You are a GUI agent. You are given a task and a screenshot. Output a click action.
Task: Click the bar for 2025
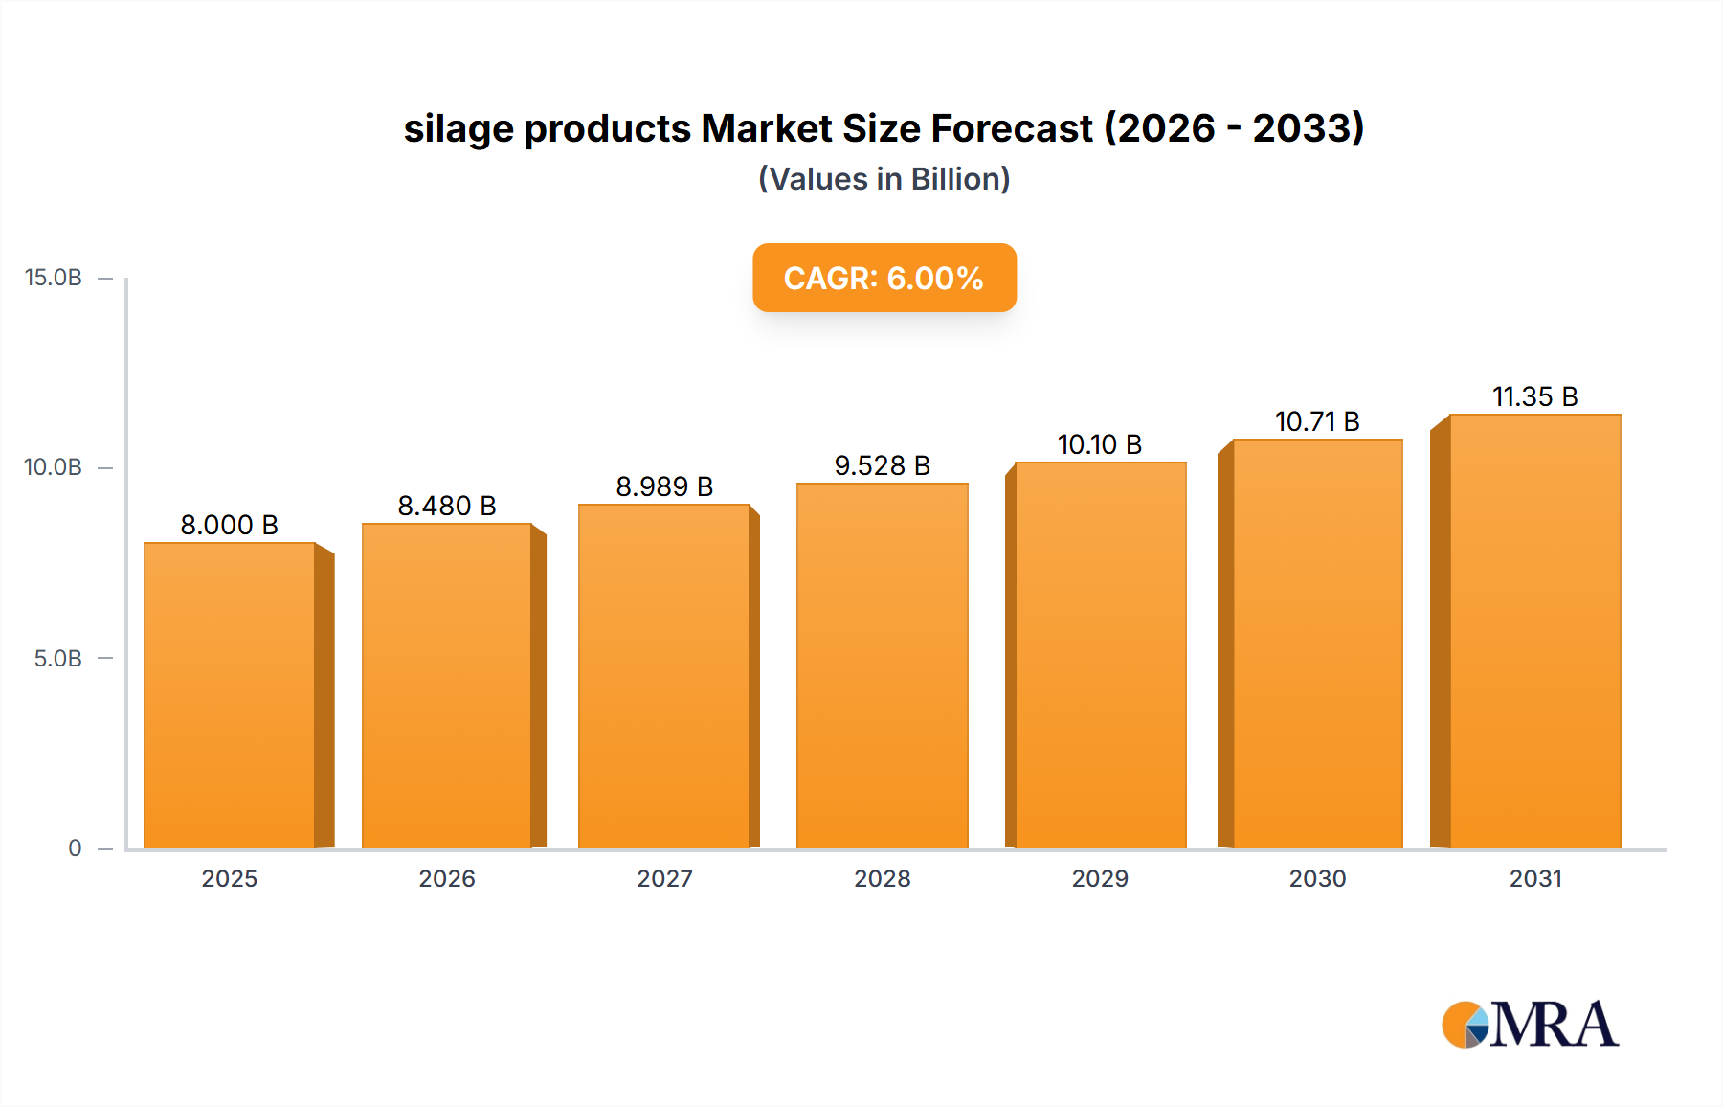(x=230, y=695)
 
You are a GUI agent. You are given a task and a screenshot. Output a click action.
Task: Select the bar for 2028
(x=882, y=666)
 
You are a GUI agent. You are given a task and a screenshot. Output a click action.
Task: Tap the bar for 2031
(x=1534, y=631)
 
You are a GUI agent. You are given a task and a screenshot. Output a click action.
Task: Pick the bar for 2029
(x=1100, y=655)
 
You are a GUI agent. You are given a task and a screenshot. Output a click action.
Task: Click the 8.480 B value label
(x=447, y=506)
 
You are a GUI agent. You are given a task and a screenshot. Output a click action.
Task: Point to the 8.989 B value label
(x=664, y=486)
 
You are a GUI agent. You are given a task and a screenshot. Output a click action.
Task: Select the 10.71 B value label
(x=1317, y=421)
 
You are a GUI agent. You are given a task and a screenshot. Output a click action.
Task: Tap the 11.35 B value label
(x=1534, y=396)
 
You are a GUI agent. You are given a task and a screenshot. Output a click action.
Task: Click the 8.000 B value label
(x=230, y=525)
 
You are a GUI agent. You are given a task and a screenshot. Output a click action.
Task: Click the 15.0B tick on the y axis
(x=54, y=278)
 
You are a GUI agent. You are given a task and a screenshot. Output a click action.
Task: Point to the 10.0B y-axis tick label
(x=54, y=467)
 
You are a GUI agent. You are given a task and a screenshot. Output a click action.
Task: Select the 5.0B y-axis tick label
(x=58, y=658)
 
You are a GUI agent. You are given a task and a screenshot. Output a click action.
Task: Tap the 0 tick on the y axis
(x=75, y=847)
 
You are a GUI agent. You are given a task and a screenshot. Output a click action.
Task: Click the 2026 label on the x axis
(x=447, y=878)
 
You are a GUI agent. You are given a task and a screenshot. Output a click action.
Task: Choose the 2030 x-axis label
(x=1317, y=878)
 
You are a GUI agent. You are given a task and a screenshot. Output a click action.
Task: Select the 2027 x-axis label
(x=664, y=878)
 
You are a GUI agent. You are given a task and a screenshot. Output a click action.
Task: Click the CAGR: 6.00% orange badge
(x=884, y=278)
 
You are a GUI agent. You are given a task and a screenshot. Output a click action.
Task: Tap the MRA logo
(x=1529, y=1025)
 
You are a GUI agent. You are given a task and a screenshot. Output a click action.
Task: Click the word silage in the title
(x=459, y=129)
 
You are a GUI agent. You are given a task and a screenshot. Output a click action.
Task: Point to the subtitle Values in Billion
(x=884, y=179)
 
